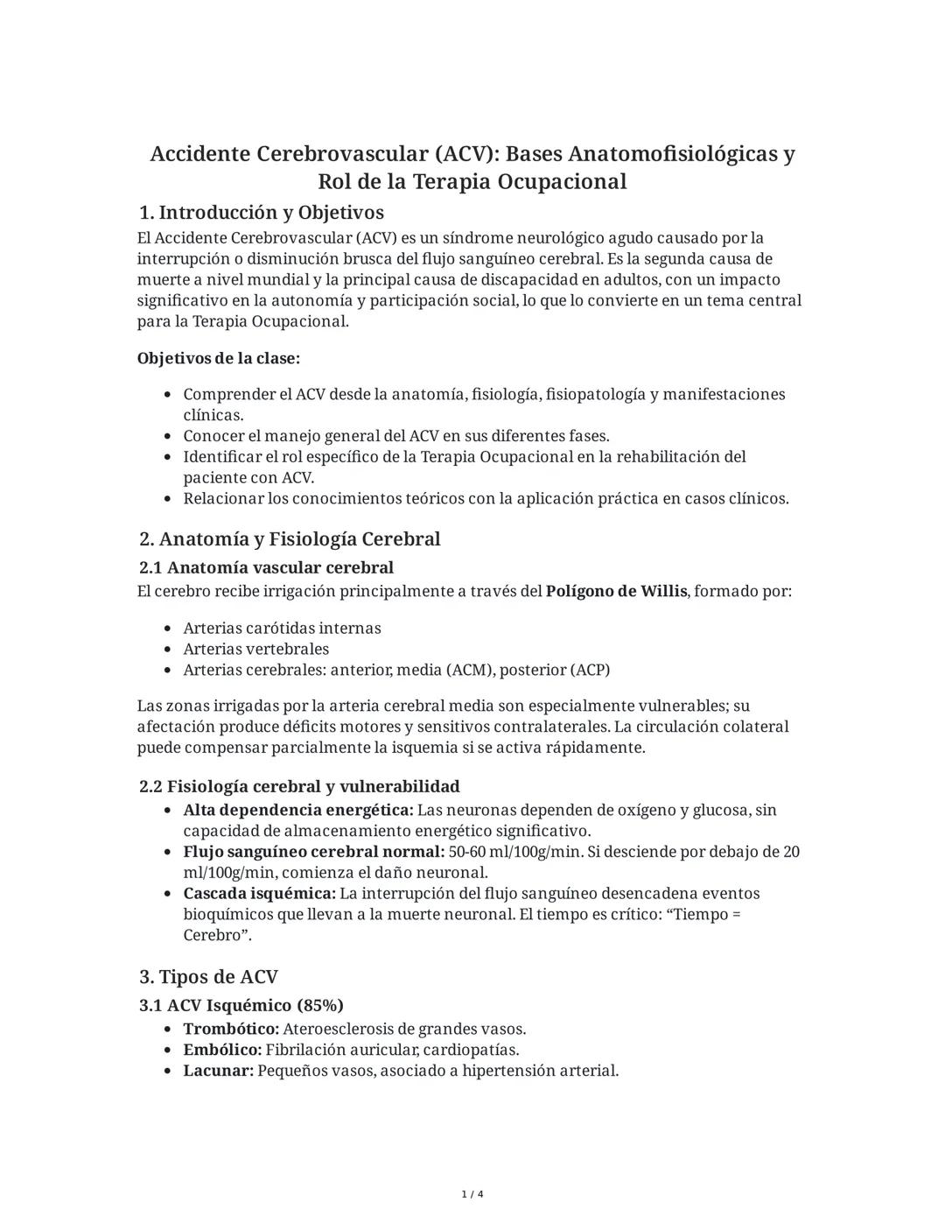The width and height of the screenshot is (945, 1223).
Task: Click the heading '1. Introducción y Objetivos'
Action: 262,213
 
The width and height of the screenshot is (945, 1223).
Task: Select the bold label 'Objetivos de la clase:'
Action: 219,359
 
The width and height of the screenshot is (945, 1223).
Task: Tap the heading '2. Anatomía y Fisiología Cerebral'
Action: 290,539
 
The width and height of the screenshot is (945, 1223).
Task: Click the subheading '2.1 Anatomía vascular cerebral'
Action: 266,567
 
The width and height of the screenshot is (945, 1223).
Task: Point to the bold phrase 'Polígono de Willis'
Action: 616,591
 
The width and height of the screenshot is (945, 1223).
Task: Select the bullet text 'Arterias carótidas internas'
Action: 282,629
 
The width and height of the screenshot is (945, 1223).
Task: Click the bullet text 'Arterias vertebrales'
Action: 255,650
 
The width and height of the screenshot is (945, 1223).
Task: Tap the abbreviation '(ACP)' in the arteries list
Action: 590,671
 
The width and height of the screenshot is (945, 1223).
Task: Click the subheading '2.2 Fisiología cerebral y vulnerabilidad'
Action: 299,786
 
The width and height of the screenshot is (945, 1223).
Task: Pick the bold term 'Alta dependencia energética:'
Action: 297,811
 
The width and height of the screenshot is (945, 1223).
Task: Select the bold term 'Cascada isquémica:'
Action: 259,894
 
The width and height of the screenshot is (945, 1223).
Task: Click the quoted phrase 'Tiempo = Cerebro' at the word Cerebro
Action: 215,935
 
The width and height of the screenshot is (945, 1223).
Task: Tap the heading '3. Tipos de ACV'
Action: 208,977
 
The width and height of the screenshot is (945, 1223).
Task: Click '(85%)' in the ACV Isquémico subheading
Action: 319,1005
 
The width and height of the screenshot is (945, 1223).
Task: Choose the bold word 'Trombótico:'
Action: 231,1030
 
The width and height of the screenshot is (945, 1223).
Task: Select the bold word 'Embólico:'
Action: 222,1050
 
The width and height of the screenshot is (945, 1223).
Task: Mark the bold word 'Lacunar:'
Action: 218,1071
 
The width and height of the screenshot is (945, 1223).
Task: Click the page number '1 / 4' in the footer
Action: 472,1194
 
